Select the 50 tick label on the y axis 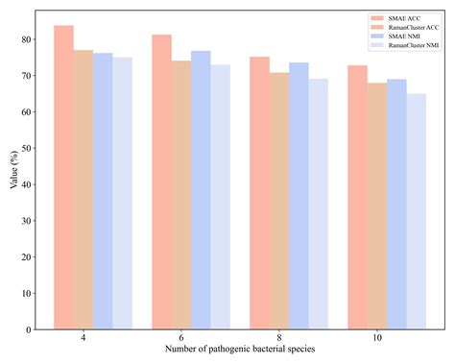[x=25, y=148]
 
